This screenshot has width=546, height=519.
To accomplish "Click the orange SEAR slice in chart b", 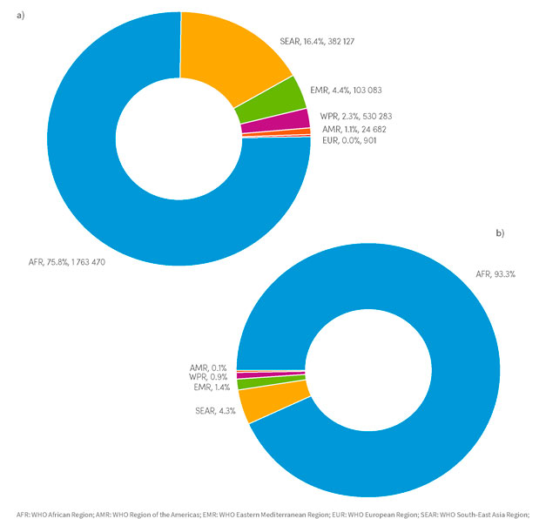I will coord(266,402).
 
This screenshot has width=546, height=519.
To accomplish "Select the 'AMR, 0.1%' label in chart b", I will coord(207,368).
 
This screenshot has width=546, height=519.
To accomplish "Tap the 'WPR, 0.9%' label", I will coord(208,378).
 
